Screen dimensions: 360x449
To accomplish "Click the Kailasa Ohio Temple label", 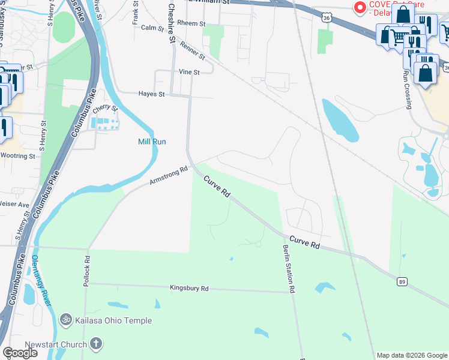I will coord(113,320).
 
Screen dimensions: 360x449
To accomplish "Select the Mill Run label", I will coord(152,142).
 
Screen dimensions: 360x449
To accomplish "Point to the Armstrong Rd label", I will coord(169,175).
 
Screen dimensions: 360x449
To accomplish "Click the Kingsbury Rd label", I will coord(188,289).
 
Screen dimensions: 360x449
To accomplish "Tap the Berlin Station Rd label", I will coord(289,269).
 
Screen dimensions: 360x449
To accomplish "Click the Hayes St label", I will coord(151,94).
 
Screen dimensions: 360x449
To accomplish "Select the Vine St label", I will coord(188,71).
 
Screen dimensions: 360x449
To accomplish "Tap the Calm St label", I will coord(152,28).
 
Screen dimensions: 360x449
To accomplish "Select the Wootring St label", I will coord(17,156).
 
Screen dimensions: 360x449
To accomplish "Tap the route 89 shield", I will coord(402,281).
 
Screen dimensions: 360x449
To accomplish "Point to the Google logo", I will coord(20,353).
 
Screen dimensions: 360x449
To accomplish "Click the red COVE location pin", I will coord(360,8).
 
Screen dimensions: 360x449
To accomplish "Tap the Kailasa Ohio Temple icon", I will coord(66,320).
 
